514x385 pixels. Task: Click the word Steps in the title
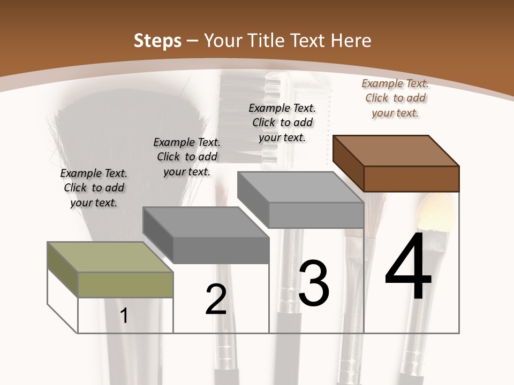pyautogui.click(x=157, y=41)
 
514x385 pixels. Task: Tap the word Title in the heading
pyautogui.click(x=267, y=41)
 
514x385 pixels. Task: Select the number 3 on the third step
pyautogui.click(x=314, y=283)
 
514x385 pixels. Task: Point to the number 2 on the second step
pyautogui.click(x=216, y=300)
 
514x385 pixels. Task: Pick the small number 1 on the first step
pyautogui.click(x=124, y=316)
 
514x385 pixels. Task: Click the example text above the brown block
pyautogui.click(x=395, y=98)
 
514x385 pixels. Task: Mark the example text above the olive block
pyautogui.click(x=94, y=188)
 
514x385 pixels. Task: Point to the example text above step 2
pyautogui.click(x=187, y=157)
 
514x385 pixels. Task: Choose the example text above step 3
pyautogui.click(x=282, y=122)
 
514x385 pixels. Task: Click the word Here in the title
pyautogui.click(x=351, y=41)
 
